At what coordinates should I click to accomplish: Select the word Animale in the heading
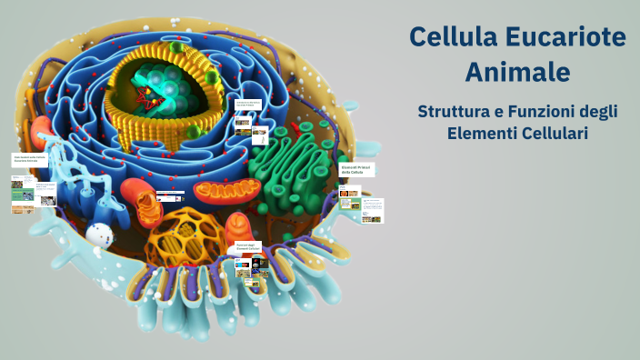(x=517, y=70)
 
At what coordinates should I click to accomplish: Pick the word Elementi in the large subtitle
(x=481, y=134)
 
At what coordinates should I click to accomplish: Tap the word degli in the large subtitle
(x=599, y=112)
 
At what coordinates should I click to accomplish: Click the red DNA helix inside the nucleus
(x=145, y=91)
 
